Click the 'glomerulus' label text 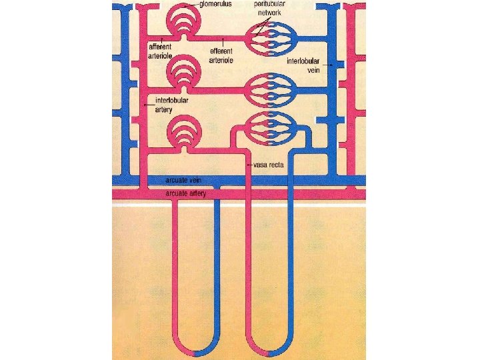pos(219,4)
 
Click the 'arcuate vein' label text pos(183,180)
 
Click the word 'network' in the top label pos(270,12)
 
